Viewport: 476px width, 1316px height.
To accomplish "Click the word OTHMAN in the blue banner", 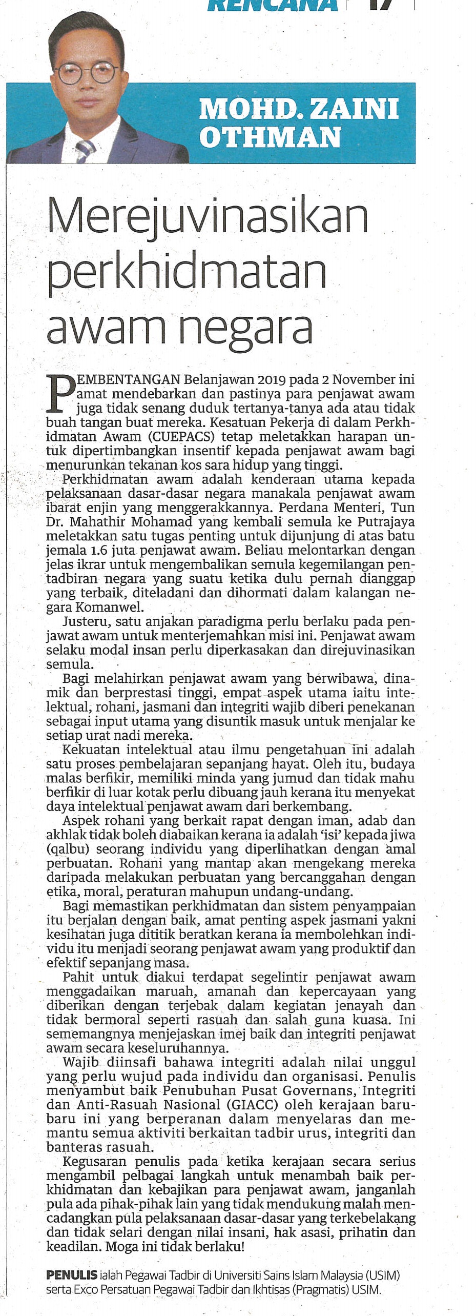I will click(x=270, y=137).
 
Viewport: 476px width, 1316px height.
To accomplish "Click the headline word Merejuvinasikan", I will click(x=208, y=217).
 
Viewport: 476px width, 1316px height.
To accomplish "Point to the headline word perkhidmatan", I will click(x=187, y=272).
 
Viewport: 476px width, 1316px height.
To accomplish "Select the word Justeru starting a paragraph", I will click(x=85, y=622).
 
